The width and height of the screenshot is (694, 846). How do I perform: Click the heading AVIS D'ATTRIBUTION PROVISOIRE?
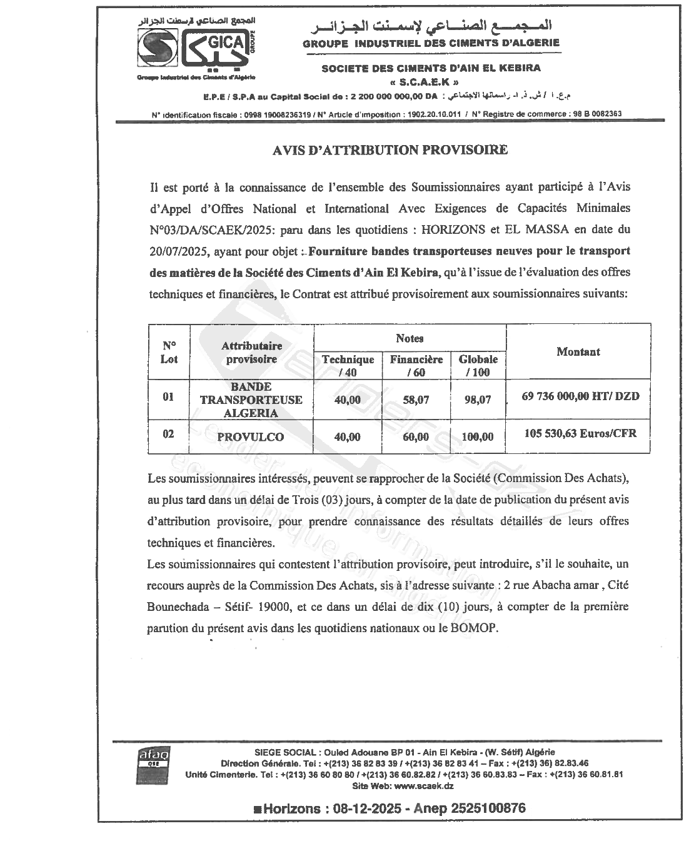tap(390, 150)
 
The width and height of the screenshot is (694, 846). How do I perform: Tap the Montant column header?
tap(578, 352)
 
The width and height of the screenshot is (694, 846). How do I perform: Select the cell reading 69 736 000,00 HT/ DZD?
tap(580, 396)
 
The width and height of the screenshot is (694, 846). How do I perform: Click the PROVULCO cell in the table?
tap(250, 437)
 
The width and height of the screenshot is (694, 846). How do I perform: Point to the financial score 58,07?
tap(416, 400)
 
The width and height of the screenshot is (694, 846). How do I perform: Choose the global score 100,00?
tap(477, 437)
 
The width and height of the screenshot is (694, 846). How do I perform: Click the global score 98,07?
tap(478, 400)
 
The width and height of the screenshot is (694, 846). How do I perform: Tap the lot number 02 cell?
tap(168, 434)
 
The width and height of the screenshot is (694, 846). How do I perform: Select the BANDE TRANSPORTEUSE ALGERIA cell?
tap(250, 400)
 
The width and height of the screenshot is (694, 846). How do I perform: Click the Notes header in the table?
tap(410, 338)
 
